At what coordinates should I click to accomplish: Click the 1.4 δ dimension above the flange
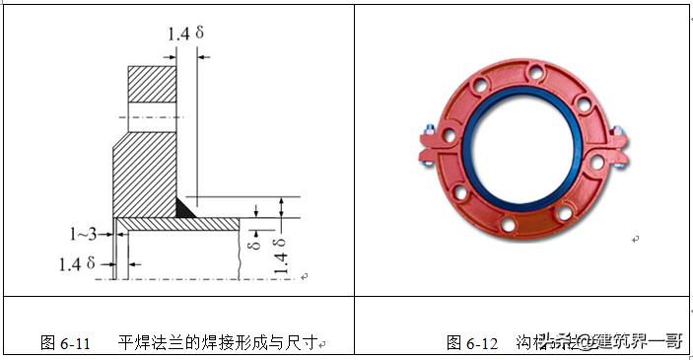(184, 34)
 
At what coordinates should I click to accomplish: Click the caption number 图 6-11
(65, 343)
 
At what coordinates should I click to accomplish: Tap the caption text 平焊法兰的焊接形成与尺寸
(217, 343)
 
